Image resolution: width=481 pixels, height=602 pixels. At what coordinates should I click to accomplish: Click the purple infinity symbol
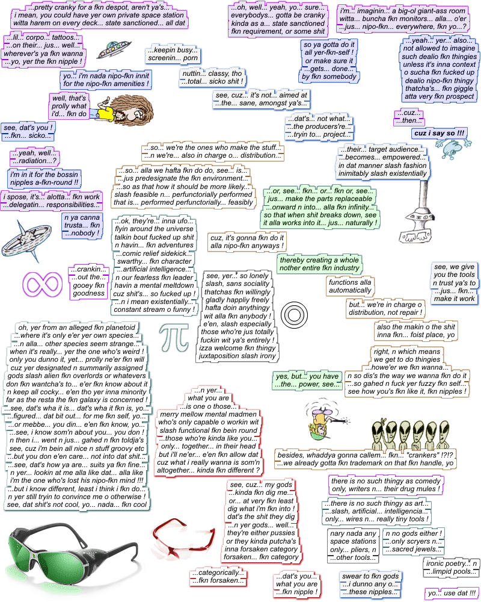click(x=43, y=282)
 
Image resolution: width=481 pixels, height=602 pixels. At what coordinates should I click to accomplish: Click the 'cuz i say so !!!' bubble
click(x=439, y=132)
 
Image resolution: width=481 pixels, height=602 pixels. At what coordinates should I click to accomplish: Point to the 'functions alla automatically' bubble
click(x=350, y=287)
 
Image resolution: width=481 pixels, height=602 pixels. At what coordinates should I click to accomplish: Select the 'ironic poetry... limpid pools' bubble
click(x=451, y=568)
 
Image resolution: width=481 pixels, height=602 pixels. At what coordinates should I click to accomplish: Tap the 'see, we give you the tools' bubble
click(x=454, y=282)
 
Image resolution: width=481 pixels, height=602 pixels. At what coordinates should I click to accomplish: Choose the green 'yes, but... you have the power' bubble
click(x=306, y=380)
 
